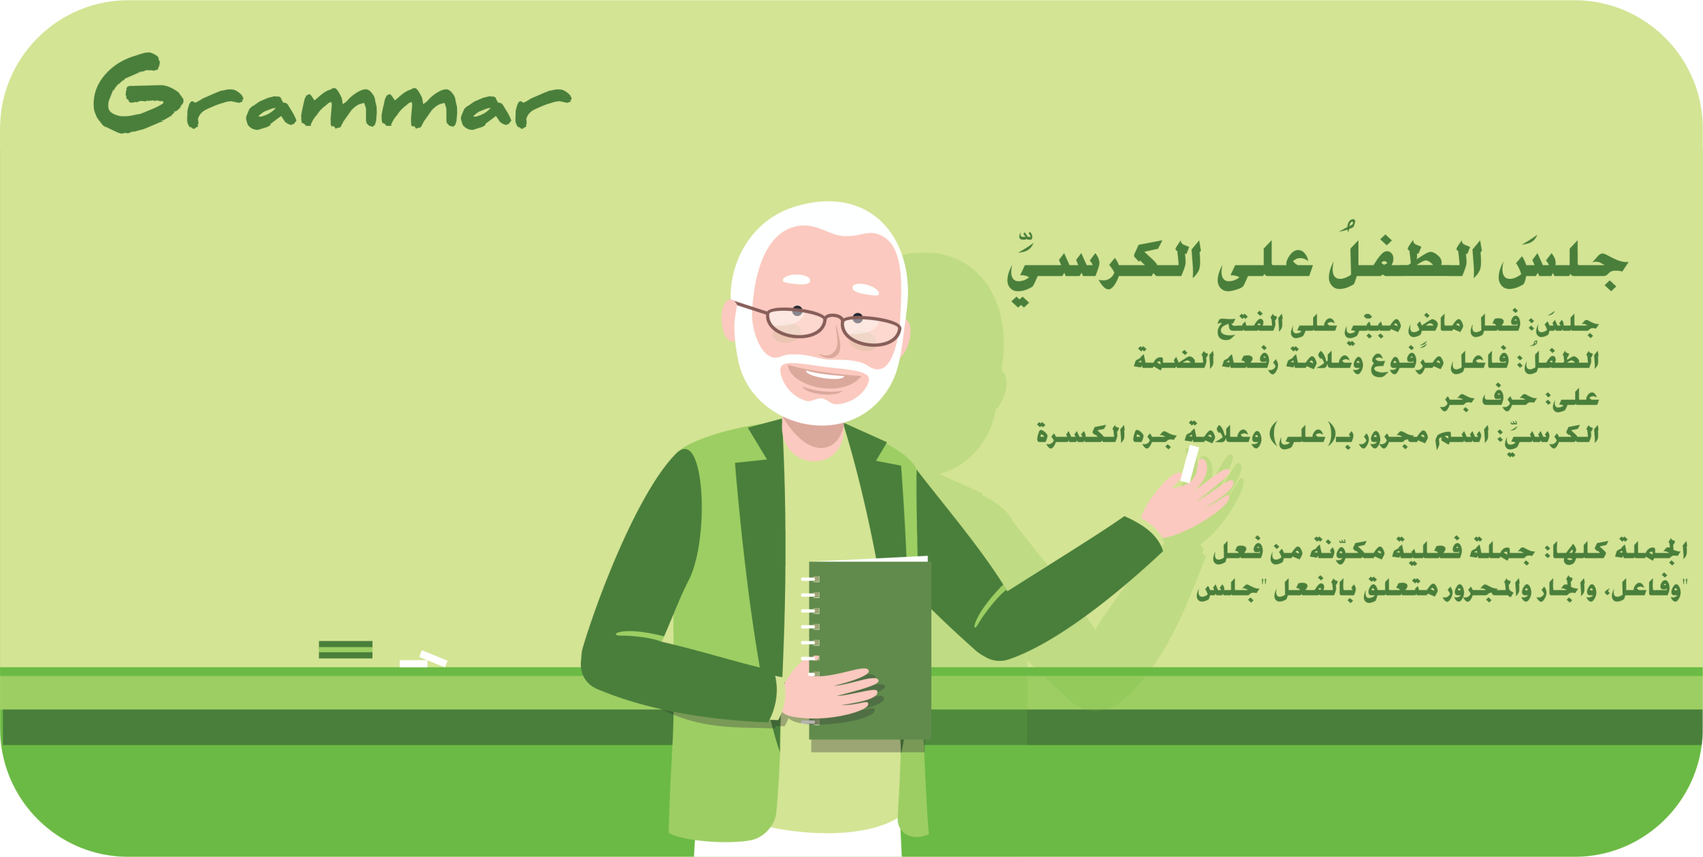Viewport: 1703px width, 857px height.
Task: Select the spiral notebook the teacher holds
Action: point(867,649)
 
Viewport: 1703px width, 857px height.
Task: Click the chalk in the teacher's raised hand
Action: point(1189,464)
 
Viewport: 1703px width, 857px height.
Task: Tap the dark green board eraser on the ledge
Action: point(345,649)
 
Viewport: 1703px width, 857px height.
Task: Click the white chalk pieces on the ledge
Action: point(423,659)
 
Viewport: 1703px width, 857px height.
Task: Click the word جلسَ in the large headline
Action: point(1563,263)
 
